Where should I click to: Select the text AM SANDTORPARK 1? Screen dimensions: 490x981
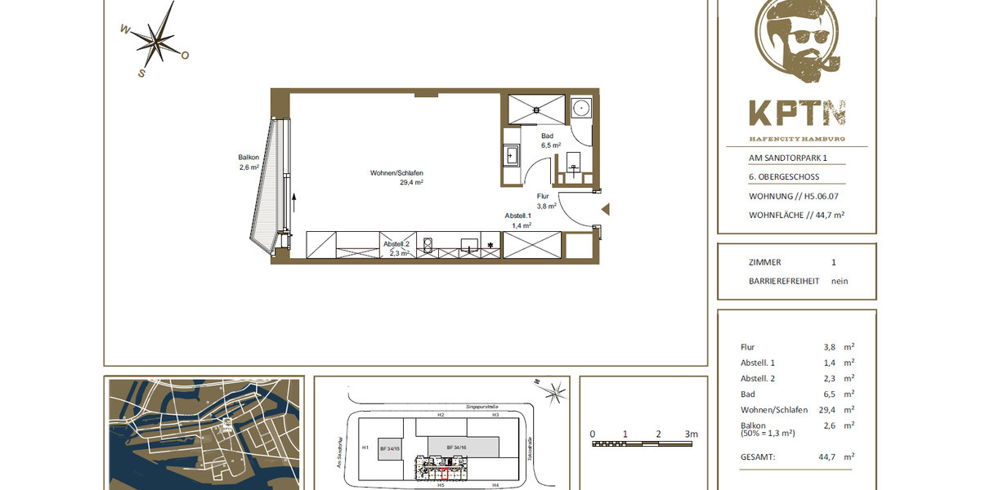[x=788, y=158]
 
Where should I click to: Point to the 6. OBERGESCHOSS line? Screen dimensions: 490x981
[x=784, y=177]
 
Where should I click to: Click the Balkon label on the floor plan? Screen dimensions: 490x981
[x=249, y=158]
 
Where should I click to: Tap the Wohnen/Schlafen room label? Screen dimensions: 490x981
[x=396, y=172]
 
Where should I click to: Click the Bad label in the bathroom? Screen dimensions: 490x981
[x=548, y=136]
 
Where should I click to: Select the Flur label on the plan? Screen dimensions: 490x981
[x=543, y=197]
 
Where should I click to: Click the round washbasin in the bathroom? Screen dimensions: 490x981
[x=581, y=107]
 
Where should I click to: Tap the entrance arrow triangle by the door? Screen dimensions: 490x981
[x=606, y=209]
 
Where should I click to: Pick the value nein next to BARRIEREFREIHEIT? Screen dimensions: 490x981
[x=840, y=281]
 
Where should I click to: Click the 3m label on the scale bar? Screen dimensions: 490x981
[x=692, y=434]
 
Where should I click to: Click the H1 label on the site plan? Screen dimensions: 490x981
[x=365, y=448]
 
